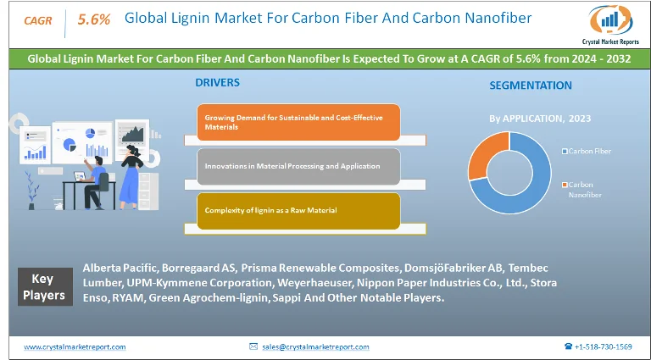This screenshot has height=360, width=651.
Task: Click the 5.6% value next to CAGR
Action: pos(93,19)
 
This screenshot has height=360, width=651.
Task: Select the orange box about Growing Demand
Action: pos(298,121)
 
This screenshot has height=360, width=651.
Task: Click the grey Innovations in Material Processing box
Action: pos(298,166)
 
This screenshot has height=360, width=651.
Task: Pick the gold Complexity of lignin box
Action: pos(298,210)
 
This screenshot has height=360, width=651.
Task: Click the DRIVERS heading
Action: pos(218,83)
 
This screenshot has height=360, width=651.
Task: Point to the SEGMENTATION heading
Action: pos(531,86)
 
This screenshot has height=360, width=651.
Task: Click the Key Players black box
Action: pos(43,286)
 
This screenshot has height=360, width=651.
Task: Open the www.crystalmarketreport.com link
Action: pos(75,346)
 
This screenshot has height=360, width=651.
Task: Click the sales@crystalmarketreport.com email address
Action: pos(314,346)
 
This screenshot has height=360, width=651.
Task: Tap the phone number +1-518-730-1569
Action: pos(603,346)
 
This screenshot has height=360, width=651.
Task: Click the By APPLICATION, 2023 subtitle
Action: pos(540,118)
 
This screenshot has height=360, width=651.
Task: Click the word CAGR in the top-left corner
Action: pos(36,19)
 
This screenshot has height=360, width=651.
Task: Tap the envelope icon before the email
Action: pos(253,346)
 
